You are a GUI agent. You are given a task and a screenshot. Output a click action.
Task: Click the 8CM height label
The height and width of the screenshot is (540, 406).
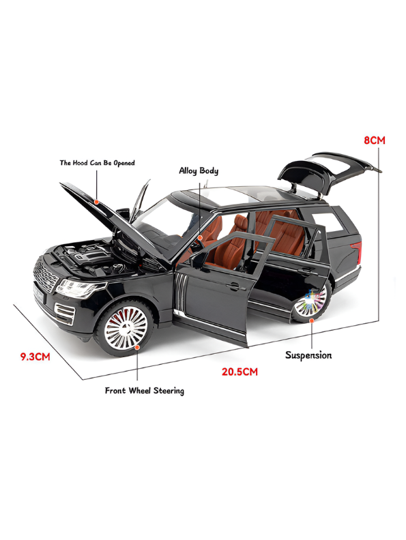[x=375, y=140]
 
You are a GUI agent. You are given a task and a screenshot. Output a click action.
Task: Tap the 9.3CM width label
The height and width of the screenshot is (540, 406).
[x=35, y=357]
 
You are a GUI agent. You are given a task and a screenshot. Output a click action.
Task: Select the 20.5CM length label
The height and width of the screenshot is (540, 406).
[x=240, y=372]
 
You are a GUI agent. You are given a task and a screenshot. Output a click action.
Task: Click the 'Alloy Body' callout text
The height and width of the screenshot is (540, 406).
[x=199, y=171]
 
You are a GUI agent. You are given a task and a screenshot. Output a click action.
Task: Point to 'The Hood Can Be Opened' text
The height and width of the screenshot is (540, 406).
[x=97, y=163]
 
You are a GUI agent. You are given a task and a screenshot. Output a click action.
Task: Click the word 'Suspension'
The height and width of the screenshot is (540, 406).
[x=308, y=355]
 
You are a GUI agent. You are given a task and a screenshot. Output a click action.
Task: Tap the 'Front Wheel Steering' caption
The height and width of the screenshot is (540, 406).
[x=145, y=391]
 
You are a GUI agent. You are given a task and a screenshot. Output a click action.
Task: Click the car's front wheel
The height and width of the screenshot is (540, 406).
[x=124, y=327]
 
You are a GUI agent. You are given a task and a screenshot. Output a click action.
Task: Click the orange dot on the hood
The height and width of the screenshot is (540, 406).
[x=97, y=201]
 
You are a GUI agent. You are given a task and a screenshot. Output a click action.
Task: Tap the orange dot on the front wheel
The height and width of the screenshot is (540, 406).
[x=137, y=347]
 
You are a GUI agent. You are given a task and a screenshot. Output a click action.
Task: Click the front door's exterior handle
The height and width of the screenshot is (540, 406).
[x=233, y=286]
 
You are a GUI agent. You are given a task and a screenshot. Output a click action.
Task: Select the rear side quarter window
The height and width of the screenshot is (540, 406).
[x=328, y=223]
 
